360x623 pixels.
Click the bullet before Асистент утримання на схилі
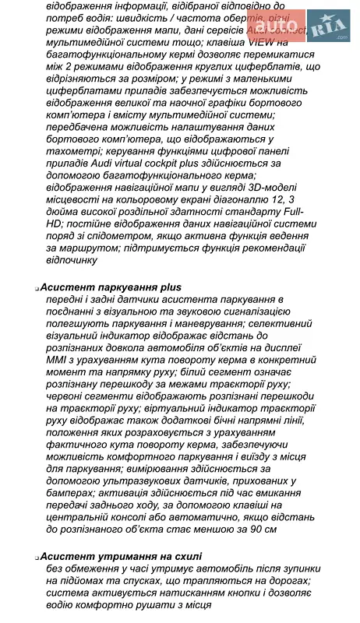(x=37, y=558)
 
